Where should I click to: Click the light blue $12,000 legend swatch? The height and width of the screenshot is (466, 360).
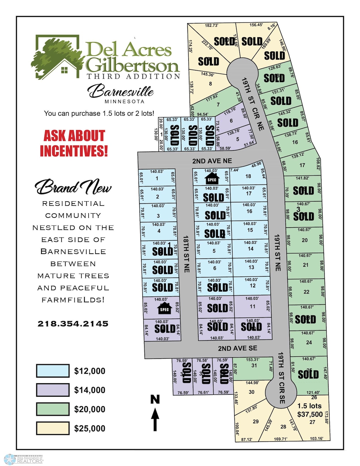click(x=53, y=371)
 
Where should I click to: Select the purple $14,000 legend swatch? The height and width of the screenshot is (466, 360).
click(x=53, y=390)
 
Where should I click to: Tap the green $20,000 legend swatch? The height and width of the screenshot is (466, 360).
click(x=53, y=409)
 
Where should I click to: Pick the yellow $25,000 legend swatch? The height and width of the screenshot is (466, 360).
click(x=53, y=428)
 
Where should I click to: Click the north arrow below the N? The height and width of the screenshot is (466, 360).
click(x=155, y=419)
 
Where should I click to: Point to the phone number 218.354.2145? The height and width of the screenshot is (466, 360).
click(x=73, y=324)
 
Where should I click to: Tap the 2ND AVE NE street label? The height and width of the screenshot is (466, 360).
click(x=212, y=161)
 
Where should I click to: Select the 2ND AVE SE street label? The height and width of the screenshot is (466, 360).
click(x=237, y=349)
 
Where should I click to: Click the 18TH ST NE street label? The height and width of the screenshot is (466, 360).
click(x=186, y=254)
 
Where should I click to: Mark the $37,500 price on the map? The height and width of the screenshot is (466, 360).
click(x=310, y=414)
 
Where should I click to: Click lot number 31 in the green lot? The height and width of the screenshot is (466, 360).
click(x=254, y=366)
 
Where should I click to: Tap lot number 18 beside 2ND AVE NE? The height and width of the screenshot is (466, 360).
click(x=248, y=176)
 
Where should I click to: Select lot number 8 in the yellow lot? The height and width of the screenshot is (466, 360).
click(x=210, y=84)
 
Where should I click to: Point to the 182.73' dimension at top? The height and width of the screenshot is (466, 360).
click(x=211, y=26)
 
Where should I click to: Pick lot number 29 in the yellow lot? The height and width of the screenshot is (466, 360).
click(x=256, y=422)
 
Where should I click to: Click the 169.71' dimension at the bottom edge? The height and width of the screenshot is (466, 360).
click(x=280, y=439)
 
